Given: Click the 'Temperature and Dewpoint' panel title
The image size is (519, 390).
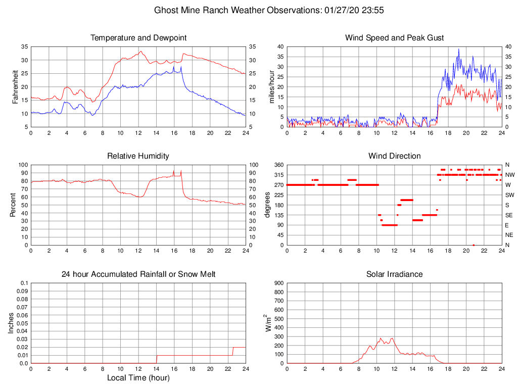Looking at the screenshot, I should [x=138, y=38].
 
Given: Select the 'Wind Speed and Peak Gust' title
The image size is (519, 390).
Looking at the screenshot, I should [x=394, y=38].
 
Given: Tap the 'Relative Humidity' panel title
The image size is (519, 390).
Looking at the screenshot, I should [x=138, y=156].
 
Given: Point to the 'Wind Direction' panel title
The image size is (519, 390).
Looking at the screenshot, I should [x=394, y=156].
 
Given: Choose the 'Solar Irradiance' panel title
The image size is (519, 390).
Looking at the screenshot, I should [x=394, y=274].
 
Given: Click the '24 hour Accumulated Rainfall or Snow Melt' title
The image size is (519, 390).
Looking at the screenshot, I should [x=138, y=274].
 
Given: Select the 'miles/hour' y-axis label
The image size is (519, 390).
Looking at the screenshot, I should [x=272, y=86].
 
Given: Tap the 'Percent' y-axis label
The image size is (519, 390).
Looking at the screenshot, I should [x=13, y=205].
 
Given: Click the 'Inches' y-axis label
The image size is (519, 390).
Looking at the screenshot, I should [x=11, y=323].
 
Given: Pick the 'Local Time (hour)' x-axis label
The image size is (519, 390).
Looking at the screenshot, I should [x=138, y=377].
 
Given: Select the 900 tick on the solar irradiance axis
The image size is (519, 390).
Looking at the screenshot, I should [x=278, y=283].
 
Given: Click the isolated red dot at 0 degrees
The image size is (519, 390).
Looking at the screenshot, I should [x=474, y=245].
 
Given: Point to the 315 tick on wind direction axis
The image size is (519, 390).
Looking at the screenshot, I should [x=278, y=175].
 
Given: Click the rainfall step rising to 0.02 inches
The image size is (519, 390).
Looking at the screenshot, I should [x=233, y=351].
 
